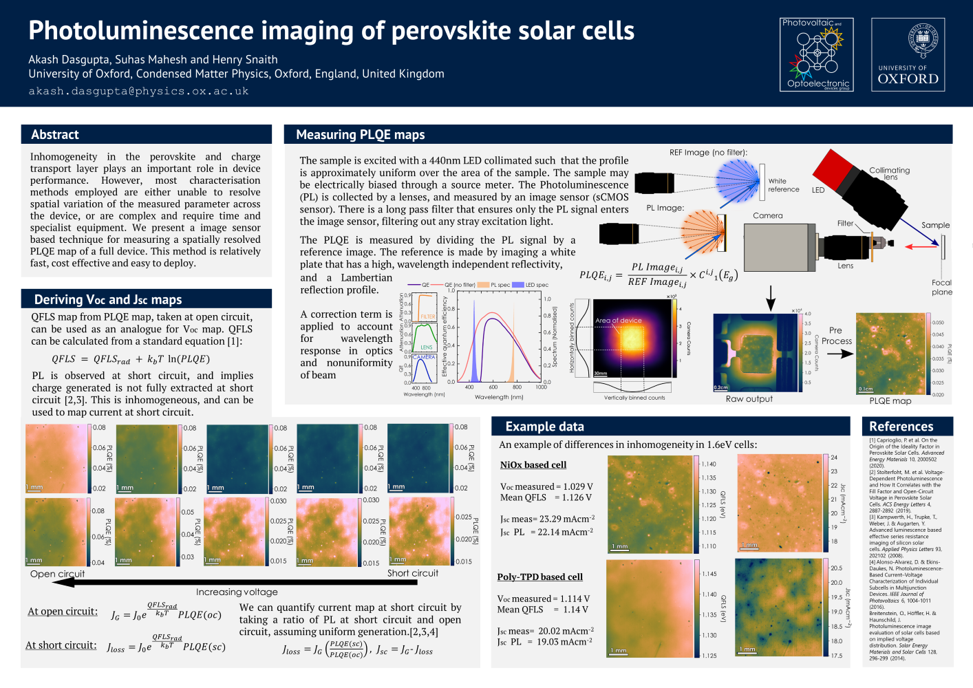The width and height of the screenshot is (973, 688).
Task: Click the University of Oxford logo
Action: pos(908,55)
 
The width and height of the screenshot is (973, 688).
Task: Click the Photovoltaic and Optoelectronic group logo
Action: pos(818,55)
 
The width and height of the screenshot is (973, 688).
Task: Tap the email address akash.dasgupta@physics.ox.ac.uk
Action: pos(138,91)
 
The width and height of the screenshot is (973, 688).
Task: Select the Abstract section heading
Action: pos(55,135)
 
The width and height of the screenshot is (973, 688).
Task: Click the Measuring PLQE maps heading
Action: pos(360,135)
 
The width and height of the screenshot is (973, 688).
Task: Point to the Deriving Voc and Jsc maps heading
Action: pos(108,299)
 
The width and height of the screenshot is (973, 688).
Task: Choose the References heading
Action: pos(901,427)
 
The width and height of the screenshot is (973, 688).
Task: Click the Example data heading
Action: pos(544,427)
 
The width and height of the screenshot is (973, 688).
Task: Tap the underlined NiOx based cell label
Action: pos(533,465)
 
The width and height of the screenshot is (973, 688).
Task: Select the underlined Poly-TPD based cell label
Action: pos(539,577)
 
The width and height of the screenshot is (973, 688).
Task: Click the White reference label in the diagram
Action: pos(784,185)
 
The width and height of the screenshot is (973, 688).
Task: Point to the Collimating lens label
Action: pos(890,173)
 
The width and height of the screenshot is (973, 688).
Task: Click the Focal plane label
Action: pos(942,287)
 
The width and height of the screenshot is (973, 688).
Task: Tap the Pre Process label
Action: pos(836,336)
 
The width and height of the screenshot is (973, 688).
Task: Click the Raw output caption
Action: pos(749,399)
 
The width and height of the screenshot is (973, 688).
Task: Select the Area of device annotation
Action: pos(618,321)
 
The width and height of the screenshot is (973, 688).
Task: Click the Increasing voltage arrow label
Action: pos(237,592)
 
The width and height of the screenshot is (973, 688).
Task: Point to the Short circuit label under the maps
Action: pos(412,573)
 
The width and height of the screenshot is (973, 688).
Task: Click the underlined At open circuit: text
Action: pos(63,612)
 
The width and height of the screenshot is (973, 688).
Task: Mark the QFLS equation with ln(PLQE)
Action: pos(131,359)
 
